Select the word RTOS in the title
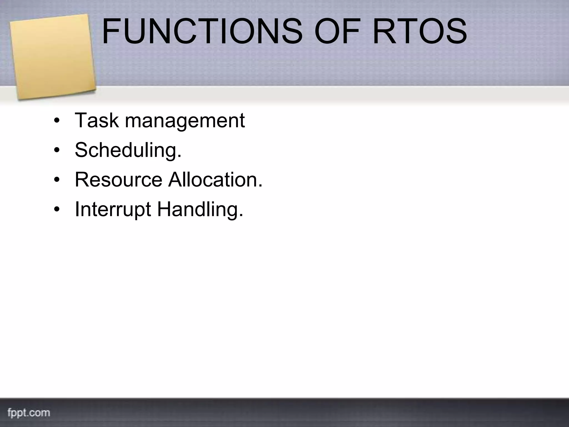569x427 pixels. click(420, 31)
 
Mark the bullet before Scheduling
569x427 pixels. click(57, 150)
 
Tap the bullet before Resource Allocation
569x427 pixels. click(57, 180)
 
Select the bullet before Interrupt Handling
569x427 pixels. click(57, 210)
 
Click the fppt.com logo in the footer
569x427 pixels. click(29, 413)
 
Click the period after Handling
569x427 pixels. click(241, 216)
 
